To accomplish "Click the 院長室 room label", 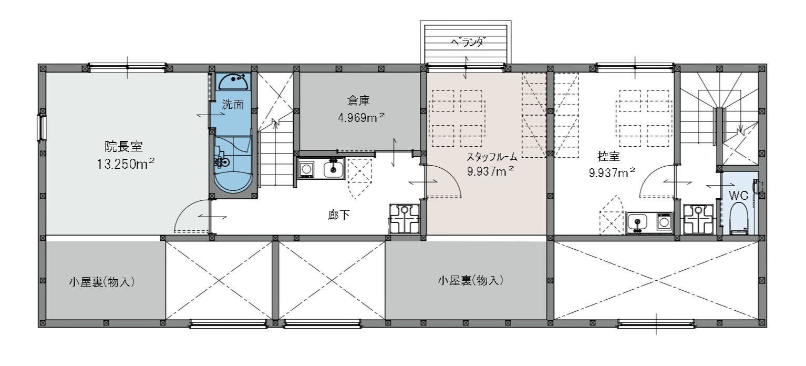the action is (124, 146).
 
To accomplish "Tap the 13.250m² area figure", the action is (126, 164).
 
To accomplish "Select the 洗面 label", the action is (233, 104).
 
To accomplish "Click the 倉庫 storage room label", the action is (358, 100).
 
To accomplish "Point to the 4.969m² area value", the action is (361, 117).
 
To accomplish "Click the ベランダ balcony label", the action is (467, 43).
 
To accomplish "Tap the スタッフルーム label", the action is (491, 157).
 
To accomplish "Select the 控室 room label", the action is (608, 156).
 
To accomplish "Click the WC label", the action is (738, 195).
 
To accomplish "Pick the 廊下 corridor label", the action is (338, 215).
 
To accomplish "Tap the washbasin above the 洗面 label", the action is (233, 82).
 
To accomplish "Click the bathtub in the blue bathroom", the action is (233, 182).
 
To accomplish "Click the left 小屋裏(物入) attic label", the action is (102, 281).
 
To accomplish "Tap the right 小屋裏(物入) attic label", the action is (471, 280).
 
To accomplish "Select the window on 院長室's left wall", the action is (42, 127).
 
